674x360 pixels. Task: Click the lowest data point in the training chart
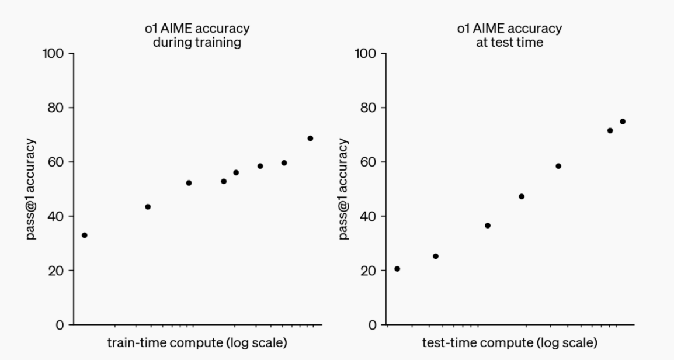tap(85, 235)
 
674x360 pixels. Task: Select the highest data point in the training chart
tap(310, 139)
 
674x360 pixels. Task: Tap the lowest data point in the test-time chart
tap(397, 269)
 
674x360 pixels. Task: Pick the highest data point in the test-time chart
tap(623, 122)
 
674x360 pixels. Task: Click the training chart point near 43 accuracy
tap(148, 207)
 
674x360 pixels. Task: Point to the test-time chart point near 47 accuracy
tap(522, 196)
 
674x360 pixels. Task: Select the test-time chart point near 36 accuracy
tap(488, 226)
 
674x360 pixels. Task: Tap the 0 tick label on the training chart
tap(60, 325)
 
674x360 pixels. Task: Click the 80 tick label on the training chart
tap(56, 108)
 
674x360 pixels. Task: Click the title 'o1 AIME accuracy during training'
tap(197, 35)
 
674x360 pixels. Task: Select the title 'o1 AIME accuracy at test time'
tap(510, 35)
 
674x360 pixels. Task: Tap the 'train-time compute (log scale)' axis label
tap(197, 342)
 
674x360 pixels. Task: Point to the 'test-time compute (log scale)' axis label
tap(510, 342)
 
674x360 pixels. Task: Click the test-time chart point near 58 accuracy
tap(558, 166)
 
